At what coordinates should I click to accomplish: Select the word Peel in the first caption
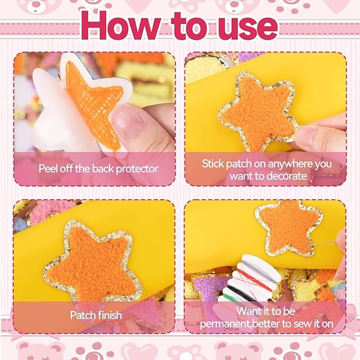[x=48, y=169]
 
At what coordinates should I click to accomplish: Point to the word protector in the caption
[x=136, y=169]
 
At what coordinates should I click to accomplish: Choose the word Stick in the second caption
[x=213, y=163]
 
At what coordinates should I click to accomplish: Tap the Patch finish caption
[x=96, y=315]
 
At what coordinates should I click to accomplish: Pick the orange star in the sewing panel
[x=288, y=227]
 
